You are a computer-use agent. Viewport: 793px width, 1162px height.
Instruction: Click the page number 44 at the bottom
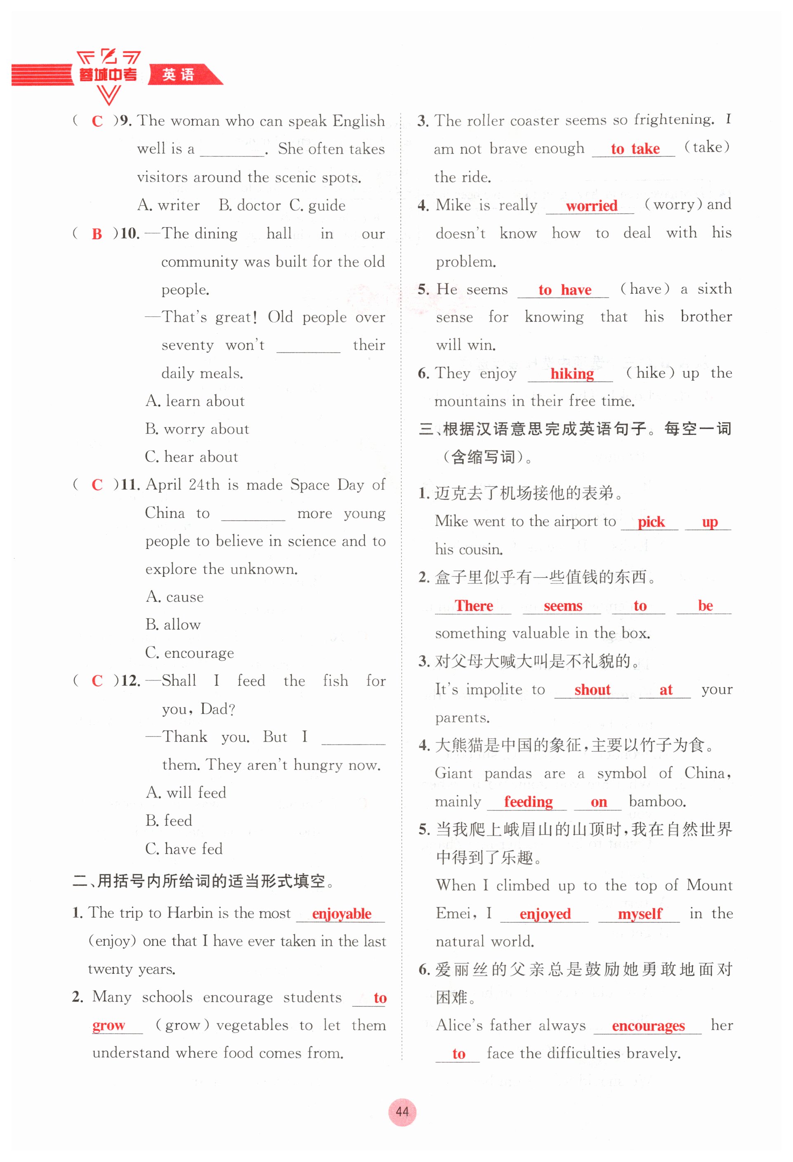coord(401,1112)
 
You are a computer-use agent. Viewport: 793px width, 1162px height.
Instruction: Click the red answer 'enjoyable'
coord(342,914)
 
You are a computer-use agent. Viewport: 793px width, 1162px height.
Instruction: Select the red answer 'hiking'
coord(572,374)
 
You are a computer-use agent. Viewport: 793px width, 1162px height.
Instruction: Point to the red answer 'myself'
coord(640,914)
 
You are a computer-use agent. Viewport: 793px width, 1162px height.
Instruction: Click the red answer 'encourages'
coord(648,1026)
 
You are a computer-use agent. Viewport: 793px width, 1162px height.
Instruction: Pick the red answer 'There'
coord(474,606)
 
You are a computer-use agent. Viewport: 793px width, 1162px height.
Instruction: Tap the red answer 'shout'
coord(592,690)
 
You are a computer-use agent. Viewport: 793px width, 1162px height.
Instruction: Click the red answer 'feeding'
coord(528,802)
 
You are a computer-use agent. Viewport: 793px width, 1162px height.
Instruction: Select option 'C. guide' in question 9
coord(317,205)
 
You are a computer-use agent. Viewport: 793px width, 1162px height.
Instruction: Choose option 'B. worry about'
coord(197,429)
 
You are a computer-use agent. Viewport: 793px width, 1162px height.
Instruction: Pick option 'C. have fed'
coord(184,849)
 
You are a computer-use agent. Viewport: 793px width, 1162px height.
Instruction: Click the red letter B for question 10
coord(97,234)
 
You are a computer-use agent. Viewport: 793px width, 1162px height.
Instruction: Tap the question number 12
coord(130,681)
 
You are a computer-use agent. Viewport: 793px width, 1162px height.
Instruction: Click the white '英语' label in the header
coord(178,75)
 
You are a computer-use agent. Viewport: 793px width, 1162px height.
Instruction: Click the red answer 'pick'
coord(651,522)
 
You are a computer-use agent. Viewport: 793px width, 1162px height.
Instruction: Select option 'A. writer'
coord(168,205)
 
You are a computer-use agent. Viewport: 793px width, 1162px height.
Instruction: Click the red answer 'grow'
coord(109,1025)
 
